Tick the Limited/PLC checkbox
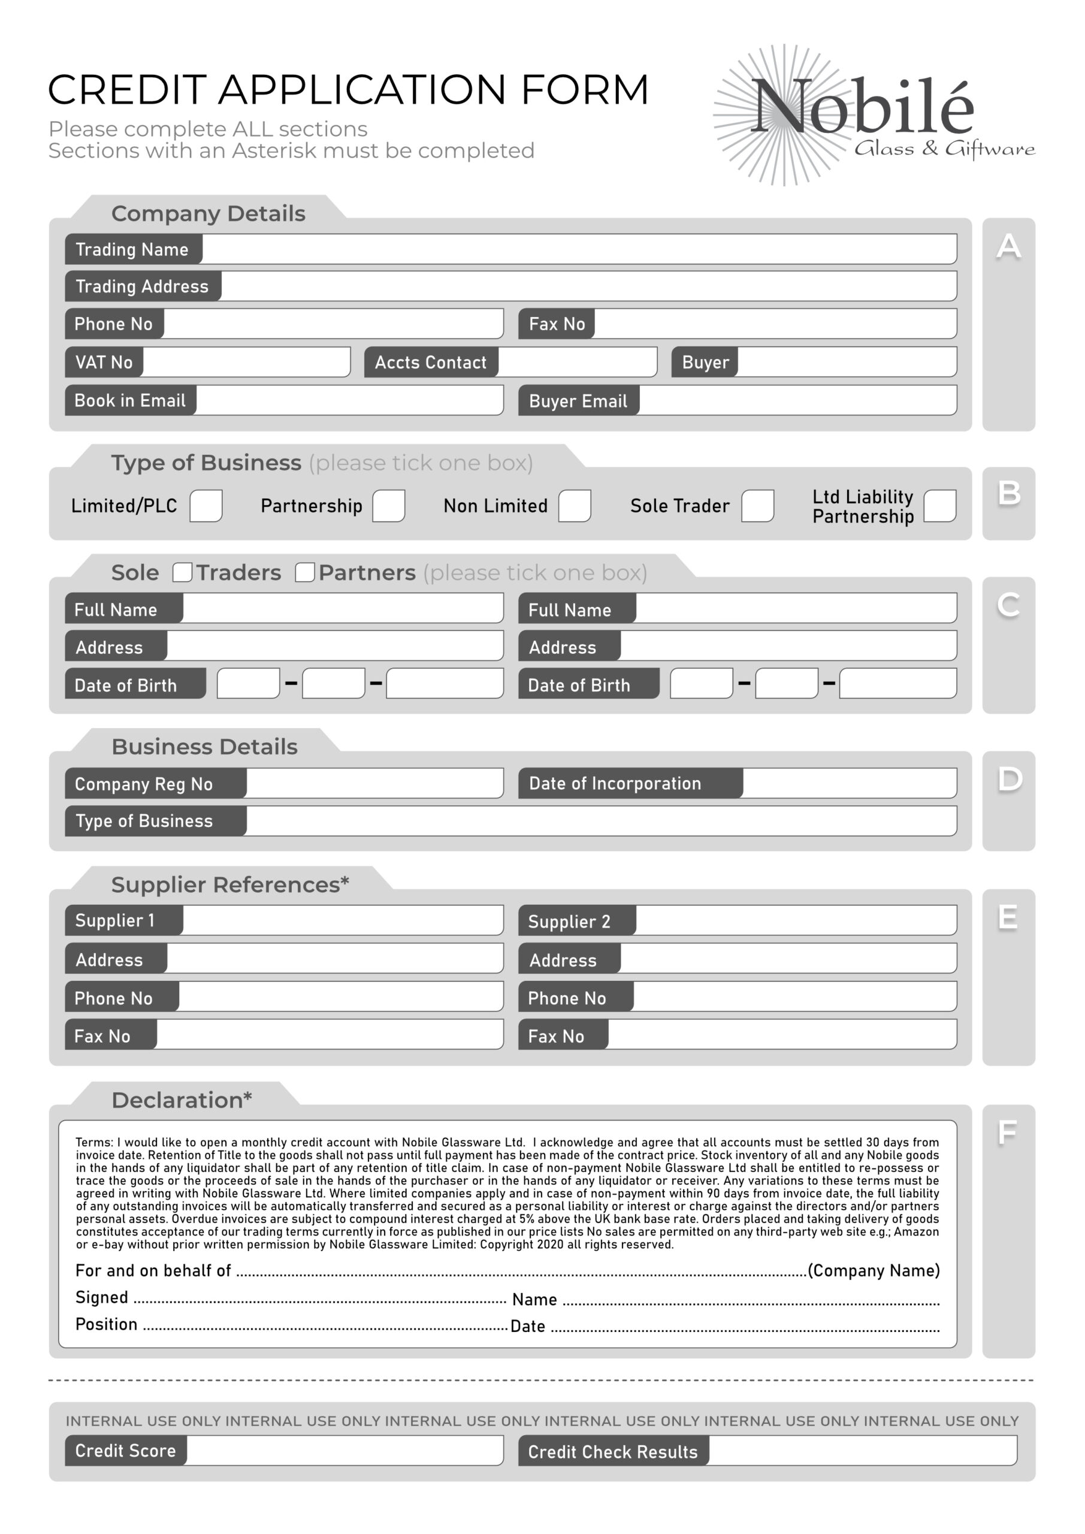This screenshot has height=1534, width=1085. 205,506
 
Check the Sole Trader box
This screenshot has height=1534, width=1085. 758,506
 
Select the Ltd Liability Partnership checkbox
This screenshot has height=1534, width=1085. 939,506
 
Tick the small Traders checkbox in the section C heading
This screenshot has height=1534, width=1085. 182,573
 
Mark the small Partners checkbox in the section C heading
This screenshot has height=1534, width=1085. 305,573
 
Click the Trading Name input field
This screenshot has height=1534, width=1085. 579,249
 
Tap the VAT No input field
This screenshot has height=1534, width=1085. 246,362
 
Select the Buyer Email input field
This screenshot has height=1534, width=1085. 797,400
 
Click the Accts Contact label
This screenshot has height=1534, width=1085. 431,362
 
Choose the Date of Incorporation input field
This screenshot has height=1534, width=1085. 848,783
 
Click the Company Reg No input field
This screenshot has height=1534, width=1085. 374,783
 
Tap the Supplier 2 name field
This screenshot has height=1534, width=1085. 795,920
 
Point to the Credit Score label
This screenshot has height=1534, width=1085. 126,1451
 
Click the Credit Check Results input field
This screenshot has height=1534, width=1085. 862,1451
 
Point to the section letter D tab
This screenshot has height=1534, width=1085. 1009,780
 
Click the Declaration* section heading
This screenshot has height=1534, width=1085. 182,1100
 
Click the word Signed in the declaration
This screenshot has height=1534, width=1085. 102,1297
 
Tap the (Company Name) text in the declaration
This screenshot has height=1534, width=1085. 873,1270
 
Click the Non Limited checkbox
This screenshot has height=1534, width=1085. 575,506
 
